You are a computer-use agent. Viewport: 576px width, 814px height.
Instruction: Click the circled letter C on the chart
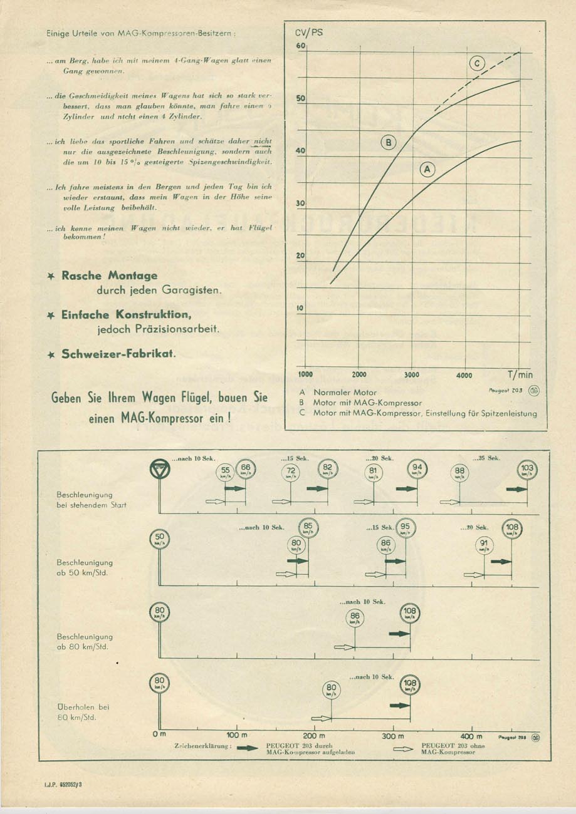point(478,63)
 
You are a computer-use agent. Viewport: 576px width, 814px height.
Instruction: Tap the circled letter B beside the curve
point(389,143)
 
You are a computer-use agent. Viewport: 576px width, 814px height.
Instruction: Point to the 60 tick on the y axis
point(300,46)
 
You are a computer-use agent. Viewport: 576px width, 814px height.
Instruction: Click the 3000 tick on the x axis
point(411,374)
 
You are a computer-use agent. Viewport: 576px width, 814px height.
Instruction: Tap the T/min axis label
point(520,374)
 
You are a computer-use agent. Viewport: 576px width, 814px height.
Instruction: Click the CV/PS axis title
point(309,32)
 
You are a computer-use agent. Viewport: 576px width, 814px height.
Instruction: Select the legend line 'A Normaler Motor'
point(335,393)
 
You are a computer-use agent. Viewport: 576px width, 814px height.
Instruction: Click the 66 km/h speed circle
point(246,469)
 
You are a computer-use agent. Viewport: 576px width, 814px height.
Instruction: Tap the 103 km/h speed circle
point(527,469)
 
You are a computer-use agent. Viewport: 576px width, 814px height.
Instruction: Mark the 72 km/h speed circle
point(290,473)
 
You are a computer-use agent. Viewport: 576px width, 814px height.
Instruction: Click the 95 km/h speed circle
point(405,529)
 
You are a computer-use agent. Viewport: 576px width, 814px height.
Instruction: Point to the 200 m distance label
point(314,735)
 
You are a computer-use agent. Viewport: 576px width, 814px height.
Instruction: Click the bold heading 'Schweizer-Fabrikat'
point(118,354)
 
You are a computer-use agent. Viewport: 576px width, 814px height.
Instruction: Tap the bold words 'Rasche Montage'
point(109,276)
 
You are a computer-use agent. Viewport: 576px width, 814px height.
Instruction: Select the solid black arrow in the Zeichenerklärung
point(248,748)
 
